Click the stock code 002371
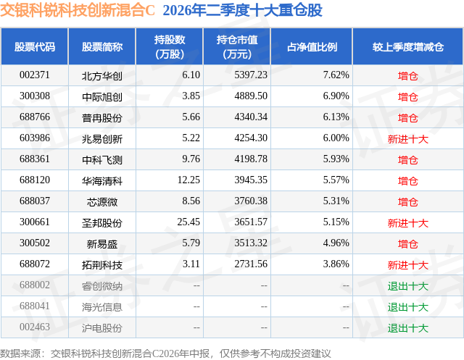coord(35,75)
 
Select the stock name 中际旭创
coord(102,96)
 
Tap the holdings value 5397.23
coord(251,75)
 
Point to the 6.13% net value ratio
coord(336,117)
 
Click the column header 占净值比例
coord(312,46)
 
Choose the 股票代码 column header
coord(35,46)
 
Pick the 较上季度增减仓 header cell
coord(408,46)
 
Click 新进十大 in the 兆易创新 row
coord(408,139)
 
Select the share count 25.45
coord(188,222)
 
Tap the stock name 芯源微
coord(102,202)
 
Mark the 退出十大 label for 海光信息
coord(408,307)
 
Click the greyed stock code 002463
coord(35,327)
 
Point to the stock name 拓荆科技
coord(102,265)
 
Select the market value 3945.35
coord(251,180)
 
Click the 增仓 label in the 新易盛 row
coord(408,244)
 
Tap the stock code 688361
coord(35,159)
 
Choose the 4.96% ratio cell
coord(336,243)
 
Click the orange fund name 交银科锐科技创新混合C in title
coord(78,10)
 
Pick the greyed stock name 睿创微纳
coord(102,286)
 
